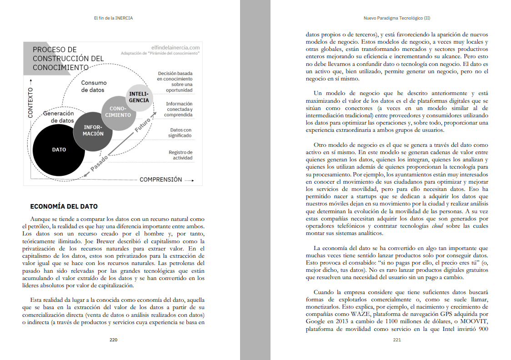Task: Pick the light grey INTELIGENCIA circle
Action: point(139,97)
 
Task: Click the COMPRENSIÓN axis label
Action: point(160,180)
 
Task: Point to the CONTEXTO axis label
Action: point(31,103)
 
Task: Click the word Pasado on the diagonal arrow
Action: point(100,164)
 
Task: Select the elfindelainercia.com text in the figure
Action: point(175,47)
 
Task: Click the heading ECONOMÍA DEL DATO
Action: point(64,207)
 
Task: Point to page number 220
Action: point(114,340)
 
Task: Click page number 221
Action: point(397,340)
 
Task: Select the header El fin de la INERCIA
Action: point(113,19)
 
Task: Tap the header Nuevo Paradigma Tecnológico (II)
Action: point(397,19)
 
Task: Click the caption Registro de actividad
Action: point(180,155)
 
